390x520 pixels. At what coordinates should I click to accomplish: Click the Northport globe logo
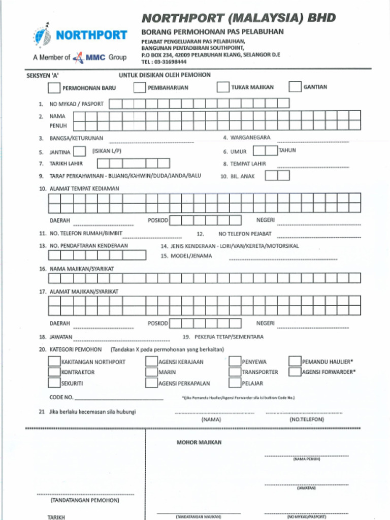tap(42, 35)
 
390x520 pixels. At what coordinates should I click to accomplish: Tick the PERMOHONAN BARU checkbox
tap(54, 88)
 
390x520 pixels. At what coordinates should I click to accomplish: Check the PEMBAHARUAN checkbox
tap(140, 87)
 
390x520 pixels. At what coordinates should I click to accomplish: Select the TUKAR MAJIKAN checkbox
tap(223, 87)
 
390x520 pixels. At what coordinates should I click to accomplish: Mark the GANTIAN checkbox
tap(295, 87)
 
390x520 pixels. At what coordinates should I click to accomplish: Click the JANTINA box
tap(79, 151)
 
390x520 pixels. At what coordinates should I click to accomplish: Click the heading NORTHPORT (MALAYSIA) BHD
tap(238, 18)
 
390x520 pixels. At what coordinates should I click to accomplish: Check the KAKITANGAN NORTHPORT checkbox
tap(54, 362)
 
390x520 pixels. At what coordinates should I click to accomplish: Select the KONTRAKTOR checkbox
tap(54, 372)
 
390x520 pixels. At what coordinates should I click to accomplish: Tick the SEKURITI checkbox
tap(54, 383)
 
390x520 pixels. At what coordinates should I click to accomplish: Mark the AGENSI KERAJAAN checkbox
tap(151, 362)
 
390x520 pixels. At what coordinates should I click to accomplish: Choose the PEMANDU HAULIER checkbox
tap(295, 362)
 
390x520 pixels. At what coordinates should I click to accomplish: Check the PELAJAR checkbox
tap(235, 383)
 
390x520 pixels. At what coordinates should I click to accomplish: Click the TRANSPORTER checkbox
tap(235, 372)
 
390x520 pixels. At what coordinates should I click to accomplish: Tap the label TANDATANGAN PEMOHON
tap(85, 500)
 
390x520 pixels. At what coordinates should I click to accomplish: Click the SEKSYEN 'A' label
tap(43, 75)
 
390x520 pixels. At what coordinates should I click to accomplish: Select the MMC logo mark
tap(78, 57)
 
